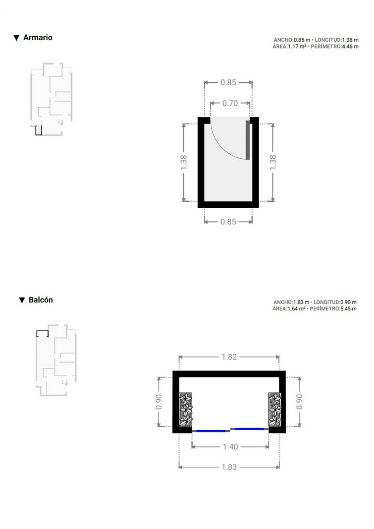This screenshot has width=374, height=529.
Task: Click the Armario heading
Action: point(38,37)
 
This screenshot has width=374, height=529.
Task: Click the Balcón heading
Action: point(41,300)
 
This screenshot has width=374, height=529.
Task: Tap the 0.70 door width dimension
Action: point(230,103)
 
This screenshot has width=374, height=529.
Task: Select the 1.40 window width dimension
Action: point(230,447)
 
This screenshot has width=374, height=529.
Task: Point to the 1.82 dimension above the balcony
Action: point(229,357)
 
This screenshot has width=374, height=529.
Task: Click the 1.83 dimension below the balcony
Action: point(229,467)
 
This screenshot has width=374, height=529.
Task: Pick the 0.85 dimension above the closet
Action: point(228,82)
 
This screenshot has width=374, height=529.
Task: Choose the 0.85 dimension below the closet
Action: point(228,222)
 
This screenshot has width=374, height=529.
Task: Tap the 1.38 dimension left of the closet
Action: point(184,163)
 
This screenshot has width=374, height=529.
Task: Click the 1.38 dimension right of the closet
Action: point(273,163)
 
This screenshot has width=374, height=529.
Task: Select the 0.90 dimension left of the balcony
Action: point(159,402)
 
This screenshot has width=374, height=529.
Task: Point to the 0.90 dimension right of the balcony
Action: point(299,402)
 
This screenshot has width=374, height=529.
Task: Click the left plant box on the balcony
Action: point(186,409)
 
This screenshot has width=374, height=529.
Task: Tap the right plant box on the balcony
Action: point(275,409)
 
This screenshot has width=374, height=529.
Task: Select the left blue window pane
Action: point(211,431)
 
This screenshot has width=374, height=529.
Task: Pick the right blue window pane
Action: point(249,429)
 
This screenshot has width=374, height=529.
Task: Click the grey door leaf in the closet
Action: point(248,140)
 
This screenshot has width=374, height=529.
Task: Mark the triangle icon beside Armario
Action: point(16,38)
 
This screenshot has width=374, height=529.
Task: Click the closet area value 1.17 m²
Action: point(297,47)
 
